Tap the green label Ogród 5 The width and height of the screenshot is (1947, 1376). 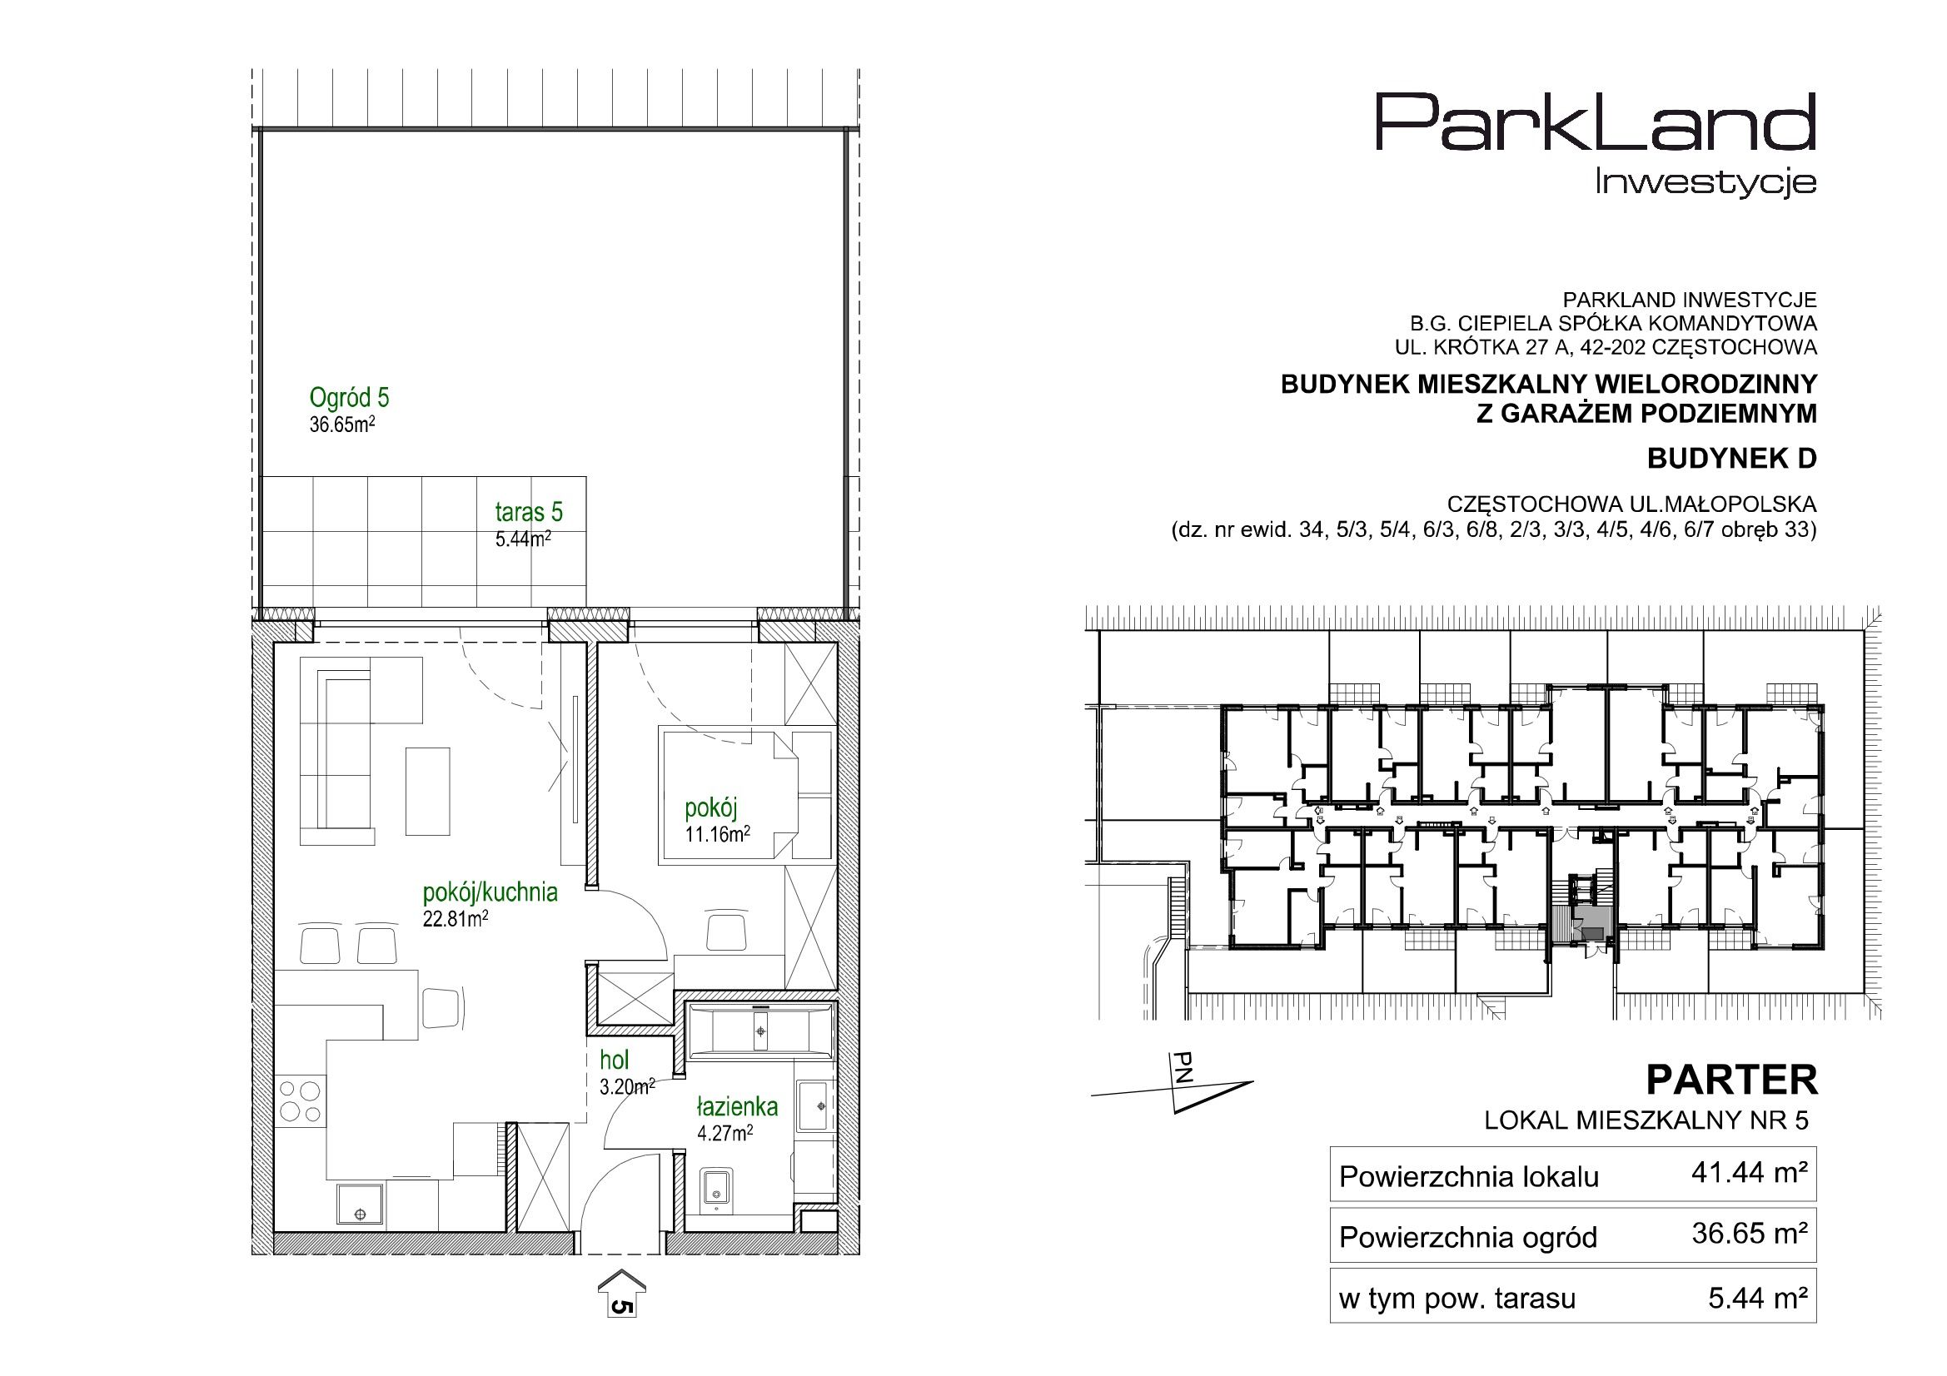[x=349, y=397]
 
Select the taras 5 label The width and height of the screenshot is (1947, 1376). [x=528, y=512]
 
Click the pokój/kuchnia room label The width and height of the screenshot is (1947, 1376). [x=490, y=892]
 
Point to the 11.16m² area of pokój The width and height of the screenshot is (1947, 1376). [x=717, y=834]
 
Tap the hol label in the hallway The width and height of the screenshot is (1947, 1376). [x=614, y=1060]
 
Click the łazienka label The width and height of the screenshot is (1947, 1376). [x=737, y=1106]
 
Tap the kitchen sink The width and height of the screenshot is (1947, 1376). [x=360, y=1203]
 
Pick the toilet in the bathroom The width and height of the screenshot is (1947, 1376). [x=716, y=1185]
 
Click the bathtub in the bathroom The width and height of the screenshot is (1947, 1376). [x=760, y=1031]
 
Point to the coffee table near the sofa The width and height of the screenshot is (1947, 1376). [x=427, y=790]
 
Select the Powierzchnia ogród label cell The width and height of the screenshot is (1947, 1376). [x=1468, y=1238]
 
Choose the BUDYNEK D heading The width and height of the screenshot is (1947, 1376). [x=1731, y=459]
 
